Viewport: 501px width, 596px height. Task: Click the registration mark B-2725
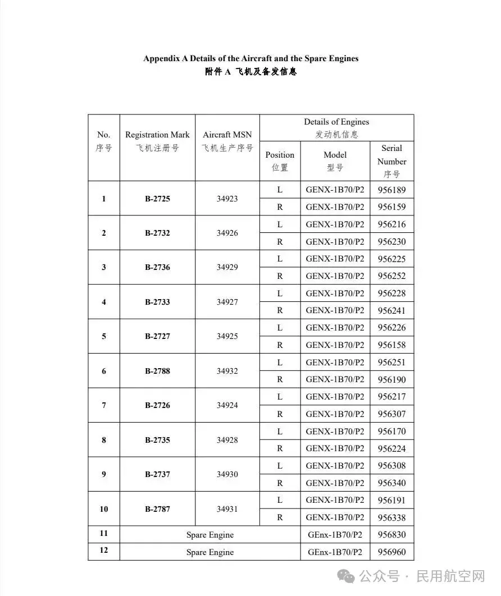pos(157,199)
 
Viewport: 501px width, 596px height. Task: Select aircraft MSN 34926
pos(227,233)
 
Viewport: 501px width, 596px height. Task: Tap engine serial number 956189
pos(391,190)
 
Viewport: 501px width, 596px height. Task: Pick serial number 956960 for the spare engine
pos(391,552)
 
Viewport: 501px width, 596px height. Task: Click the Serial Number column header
pos(391,161)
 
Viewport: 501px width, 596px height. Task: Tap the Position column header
pos(280,161)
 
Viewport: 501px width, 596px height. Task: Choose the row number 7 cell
pos(104,405)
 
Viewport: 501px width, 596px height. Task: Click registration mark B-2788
pos(157,371)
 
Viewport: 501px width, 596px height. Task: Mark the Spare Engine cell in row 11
pos(210,535)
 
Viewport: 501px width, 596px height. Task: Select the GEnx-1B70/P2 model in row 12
pos(335,552)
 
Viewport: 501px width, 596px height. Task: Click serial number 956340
pos(391,483)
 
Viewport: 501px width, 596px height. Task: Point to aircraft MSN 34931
pos(227,509)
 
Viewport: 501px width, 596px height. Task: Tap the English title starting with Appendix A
pos(250,58)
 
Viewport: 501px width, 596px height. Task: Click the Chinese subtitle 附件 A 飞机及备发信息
pos(250,72)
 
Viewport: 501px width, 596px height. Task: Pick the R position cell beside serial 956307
pos(280,414)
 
